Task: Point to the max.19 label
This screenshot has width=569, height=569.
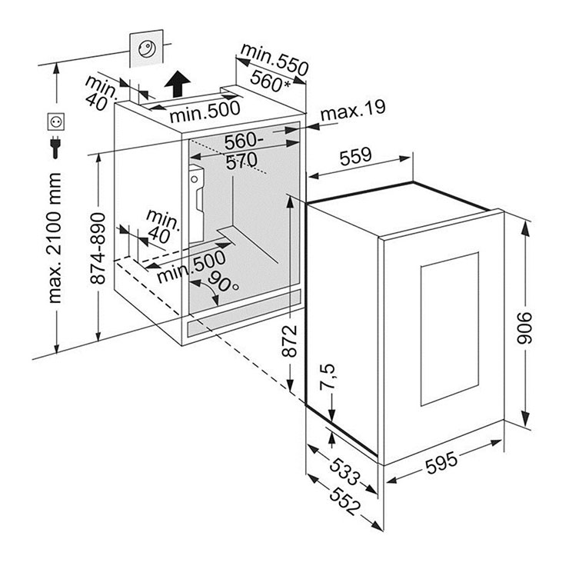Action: pos(351,113)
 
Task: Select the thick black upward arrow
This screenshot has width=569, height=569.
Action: pos(178,78)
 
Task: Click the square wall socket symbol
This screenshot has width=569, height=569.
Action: pos(55,121)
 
